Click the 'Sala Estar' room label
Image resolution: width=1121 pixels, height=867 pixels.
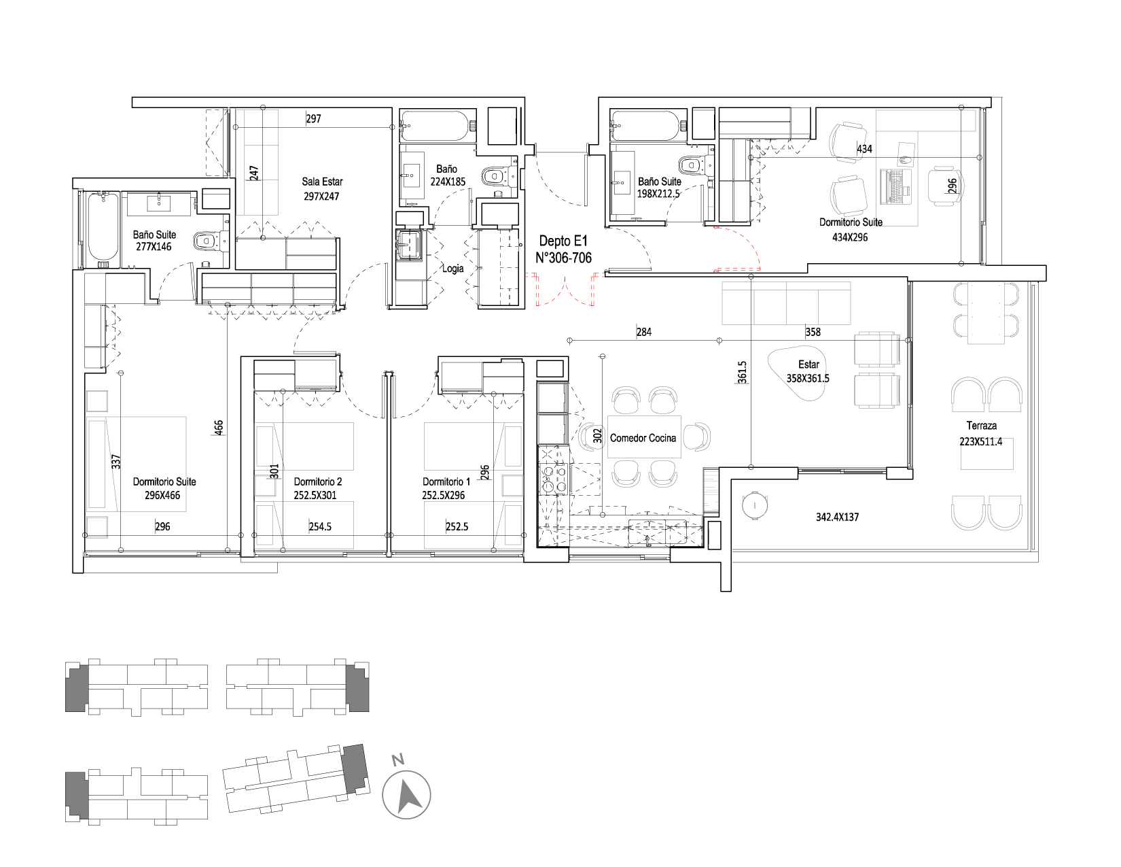click(322, 182)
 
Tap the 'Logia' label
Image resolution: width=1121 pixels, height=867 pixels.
click(453, 269)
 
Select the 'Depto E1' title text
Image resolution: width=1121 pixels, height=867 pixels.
click(563, 241)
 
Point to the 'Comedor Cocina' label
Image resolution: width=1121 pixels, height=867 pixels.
click(643, 438)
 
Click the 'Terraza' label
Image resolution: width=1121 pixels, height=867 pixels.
click(981, 426)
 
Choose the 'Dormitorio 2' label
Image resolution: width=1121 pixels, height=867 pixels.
click(318, 482)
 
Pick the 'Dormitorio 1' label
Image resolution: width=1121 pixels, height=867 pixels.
click(446, 482)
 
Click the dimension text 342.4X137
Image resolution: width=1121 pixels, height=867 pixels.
click(837, 517)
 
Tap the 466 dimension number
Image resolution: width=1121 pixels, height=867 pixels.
click(219, 428)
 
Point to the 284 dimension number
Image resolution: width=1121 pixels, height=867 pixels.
click(644, 332)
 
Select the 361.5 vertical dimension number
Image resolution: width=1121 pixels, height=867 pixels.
click(742, 372)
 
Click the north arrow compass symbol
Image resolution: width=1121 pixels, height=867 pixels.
click(406, 795)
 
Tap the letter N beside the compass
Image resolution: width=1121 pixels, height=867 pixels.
click(397, 760)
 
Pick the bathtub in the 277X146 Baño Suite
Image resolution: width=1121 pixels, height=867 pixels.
click(103, 229)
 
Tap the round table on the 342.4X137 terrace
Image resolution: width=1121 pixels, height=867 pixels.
click(755, 505)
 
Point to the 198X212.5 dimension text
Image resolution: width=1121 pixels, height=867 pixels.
click(658, 194)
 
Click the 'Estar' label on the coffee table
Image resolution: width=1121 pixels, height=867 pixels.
click(808, 364)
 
